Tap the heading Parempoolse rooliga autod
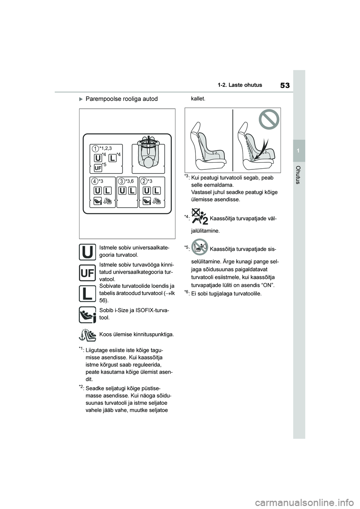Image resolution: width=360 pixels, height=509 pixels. pos(121,99)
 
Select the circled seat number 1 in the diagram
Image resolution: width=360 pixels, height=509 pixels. pos(96,149)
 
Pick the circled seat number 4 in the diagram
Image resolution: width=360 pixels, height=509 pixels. pos(96,181)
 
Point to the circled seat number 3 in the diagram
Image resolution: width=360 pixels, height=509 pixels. pos(122,181)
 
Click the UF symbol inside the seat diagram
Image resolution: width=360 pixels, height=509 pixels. pos(97,167)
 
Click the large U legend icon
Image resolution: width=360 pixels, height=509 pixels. pos(87,252)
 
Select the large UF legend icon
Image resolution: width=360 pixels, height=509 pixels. pos(87,272)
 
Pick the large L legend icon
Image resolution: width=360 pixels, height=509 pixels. pos(87,293)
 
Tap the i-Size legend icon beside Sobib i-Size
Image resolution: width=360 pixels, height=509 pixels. pos(87,314)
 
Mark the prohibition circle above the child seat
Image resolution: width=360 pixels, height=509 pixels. pos(269,121)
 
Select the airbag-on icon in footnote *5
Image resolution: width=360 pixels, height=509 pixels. pos(199,247)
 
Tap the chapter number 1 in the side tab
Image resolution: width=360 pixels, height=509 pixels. pos(299,150)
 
